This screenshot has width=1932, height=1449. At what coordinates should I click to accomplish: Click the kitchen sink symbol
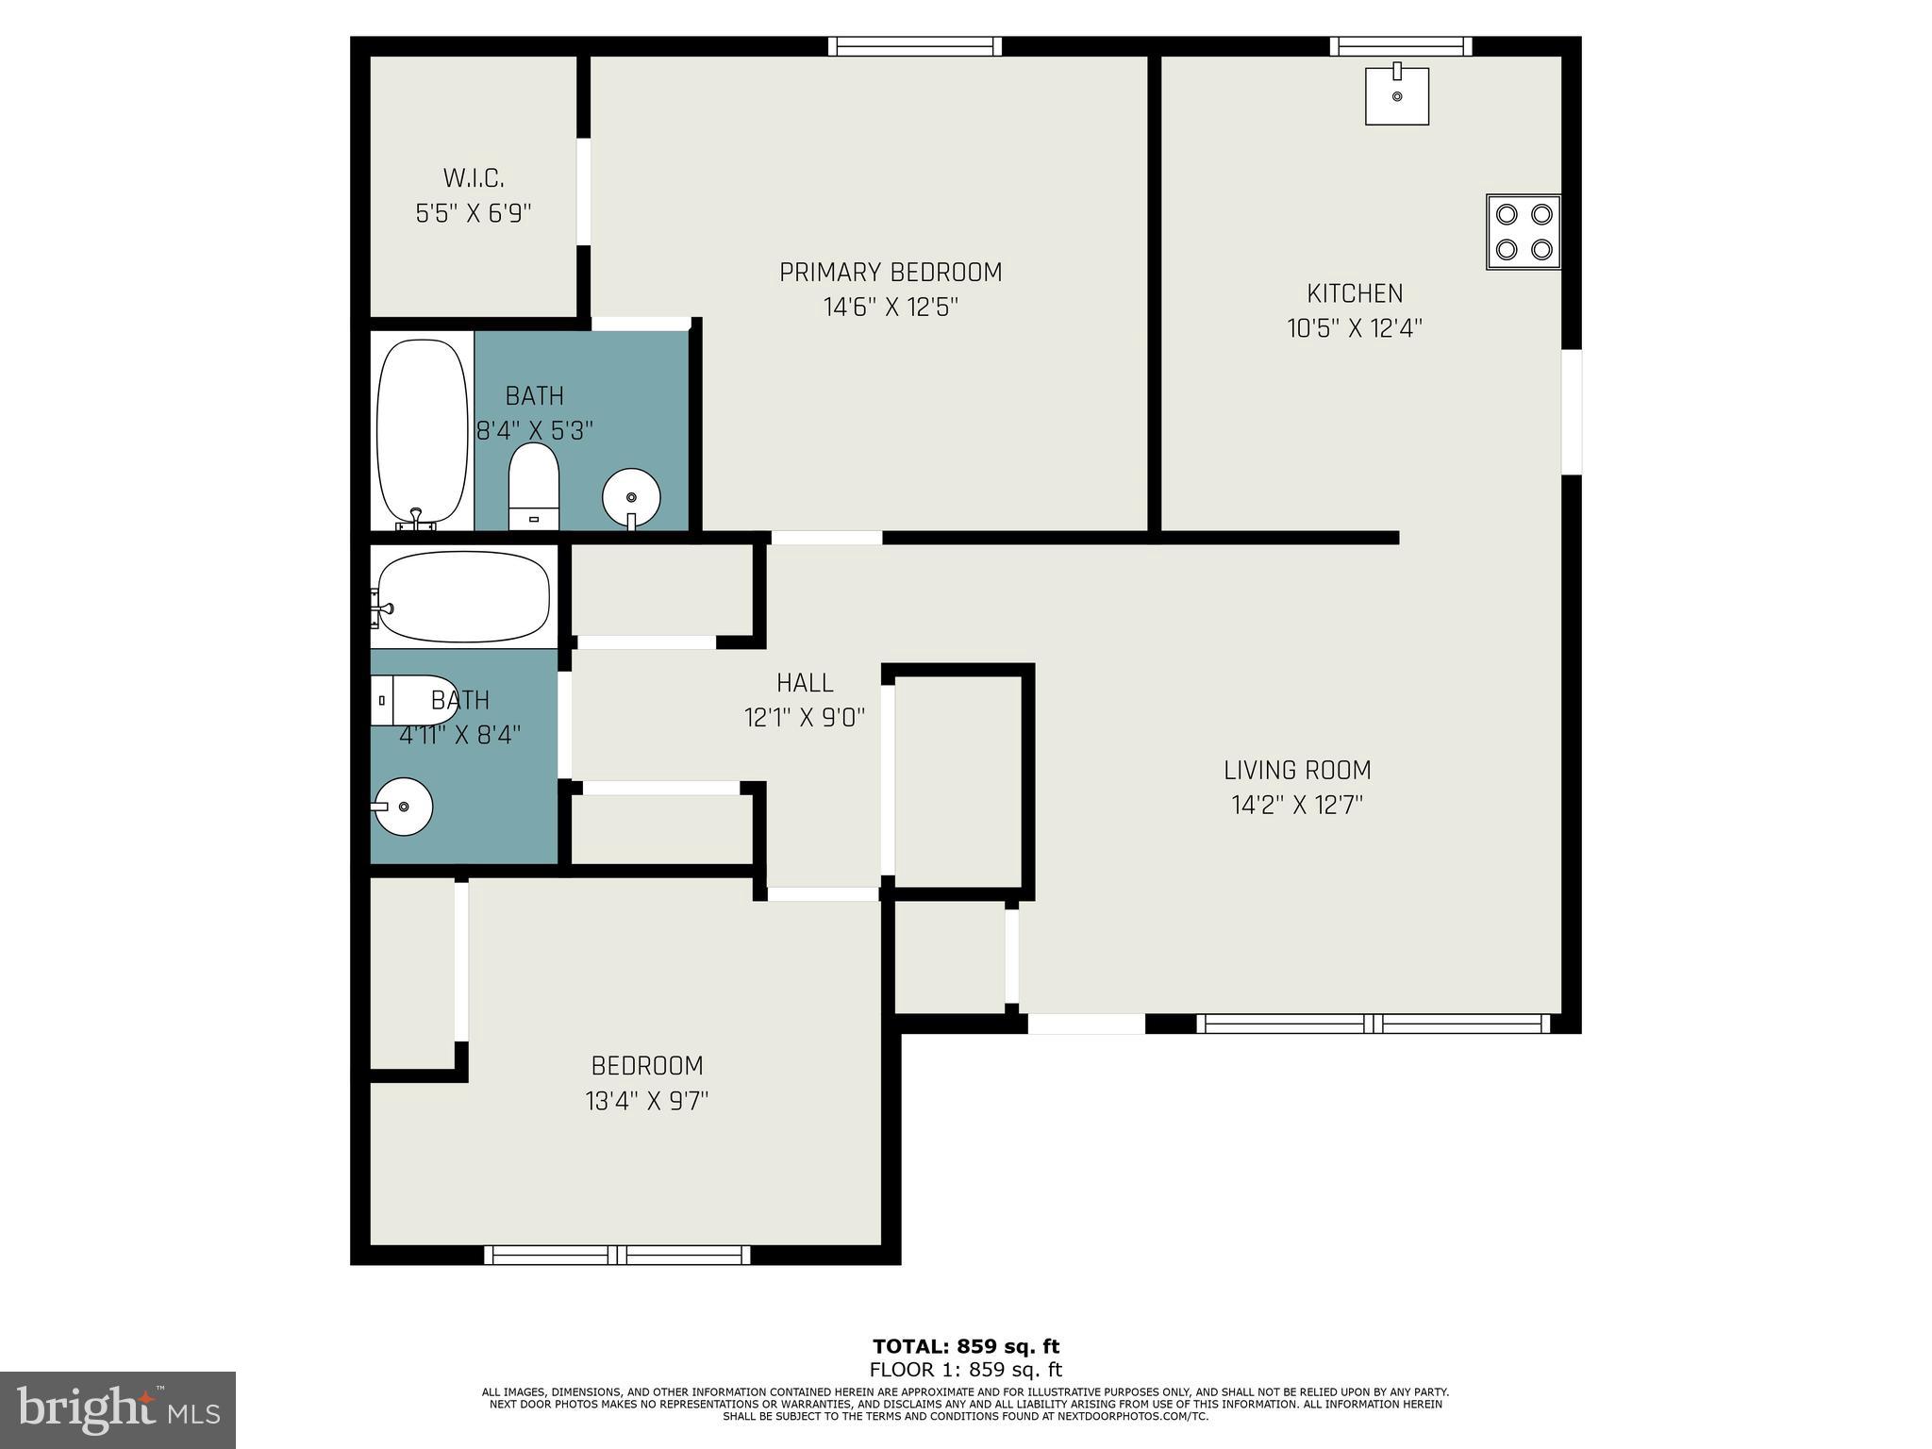(1396, 95)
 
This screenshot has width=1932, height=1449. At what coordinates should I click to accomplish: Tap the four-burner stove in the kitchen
(1523, 232)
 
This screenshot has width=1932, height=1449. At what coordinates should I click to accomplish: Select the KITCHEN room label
(1354, 293)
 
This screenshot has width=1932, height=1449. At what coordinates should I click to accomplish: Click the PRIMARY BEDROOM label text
(890, 273)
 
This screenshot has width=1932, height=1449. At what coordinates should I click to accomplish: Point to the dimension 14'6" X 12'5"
(890, 308)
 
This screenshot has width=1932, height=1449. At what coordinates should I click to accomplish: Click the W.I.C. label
(473, 178)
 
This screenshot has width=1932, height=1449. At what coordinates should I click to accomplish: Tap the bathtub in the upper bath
(422, 429)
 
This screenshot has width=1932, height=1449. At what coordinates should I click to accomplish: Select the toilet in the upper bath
(533, 487)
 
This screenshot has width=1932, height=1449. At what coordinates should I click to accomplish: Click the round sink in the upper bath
(630, 497)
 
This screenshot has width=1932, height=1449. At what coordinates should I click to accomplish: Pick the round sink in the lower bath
(403, 807)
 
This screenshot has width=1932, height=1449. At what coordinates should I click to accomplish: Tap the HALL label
(804, 683)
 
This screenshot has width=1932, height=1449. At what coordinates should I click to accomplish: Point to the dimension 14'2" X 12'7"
(1296, 806)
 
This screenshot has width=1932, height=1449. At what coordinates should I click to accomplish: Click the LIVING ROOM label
(1296, 771)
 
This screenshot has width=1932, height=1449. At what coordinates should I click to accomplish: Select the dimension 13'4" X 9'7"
(646, 1101)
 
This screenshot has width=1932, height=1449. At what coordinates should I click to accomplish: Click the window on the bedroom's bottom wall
(617, 1255)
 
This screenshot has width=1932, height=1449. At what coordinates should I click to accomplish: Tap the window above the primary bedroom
(914, 46)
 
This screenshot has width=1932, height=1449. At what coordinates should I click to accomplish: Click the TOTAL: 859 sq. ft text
(965, 1346)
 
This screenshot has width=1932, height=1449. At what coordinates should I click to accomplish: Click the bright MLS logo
(118, 1409)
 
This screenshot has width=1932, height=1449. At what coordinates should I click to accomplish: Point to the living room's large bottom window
(1373, 1024)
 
